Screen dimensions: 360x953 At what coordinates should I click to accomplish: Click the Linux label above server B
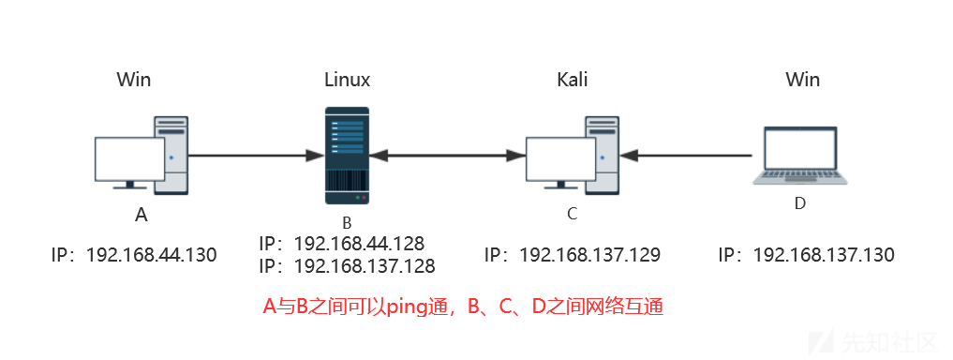[x=347, y=79]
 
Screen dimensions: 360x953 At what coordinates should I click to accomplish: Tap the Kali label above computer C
[x=572, y=79]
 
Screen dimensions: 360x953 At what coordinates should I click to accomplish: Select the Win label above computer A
[x=134, y=79]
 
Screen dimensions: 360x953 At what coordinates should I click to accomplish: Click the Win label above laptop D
[x=802, y=79]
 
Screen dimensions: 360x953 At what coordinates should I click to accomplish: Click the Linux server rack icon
[x=347, y=155]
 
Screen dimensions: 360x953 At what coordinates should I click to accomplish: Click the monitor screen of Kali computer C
[x=559, y=158]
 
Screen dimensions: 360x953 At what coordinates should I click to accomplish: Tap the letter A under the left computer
[x=141, y=216]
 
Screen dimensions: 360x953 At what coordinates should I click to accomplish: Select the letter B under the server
[x=347, y=223]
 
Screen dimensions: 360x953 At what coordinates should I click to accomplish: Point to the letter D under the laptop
[x=800, y=203]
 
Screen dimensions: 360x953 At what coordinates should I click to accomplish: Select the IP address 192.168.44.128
[x=359, y=244]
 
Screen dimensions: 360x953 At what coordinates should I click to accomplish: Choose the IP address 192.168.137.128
[x=365, y=266]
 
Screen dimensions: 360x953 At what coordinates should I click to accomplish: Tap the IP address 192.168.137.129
[x=589, y=254]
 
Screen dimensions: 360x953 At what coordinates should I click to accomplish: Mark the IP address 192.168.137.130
[x=823, y=254]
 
